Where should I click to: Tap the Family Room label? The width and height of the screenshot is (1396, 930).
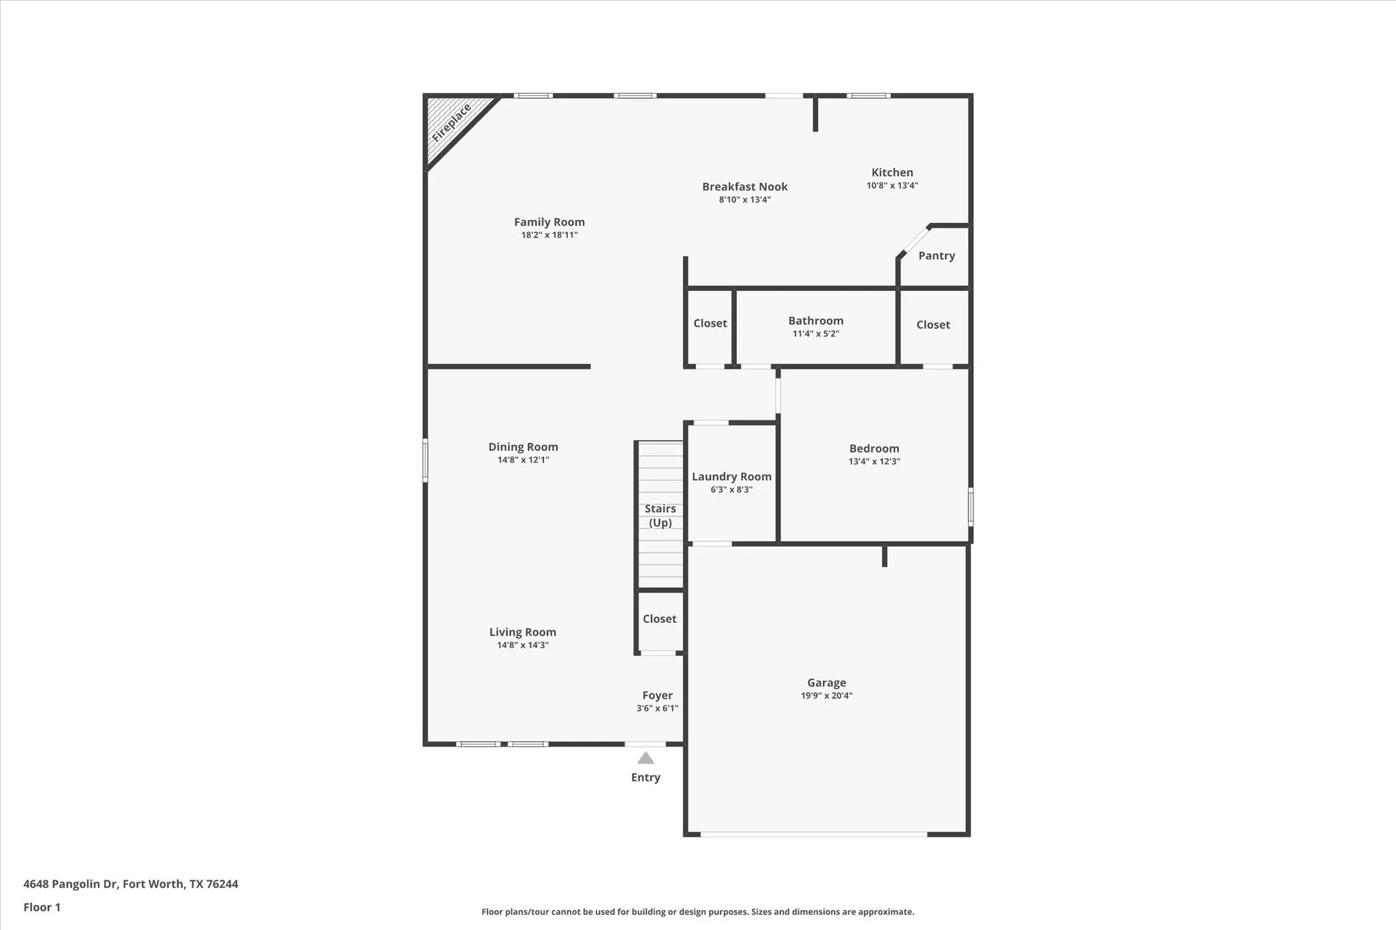tap(549, 222)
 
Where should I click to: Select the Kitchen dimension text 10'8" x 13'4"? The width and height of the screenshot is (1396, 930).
tap(892, 185)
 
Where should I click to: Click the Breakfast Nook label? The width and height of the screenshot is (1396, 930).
tap(744, 187)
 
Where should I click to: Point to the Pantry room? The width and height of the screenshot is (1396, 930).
tap(936, 256)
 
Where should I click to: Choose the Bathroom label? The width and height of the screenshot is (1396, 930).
tap(815, 321)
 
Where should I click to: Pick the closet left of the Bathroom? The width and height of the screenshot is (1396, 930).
tap(710, 324)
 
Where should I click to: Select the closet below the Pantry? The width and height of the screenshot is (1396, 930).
tap(932, 325)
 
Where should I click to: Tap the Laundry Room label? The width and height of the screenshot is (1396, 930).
tap(731, 477)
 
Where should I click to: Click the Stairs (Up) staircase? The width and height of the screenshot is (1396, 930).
tap(660, 515)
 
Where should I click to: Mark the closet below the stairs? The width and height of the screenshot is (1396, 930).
tap(659, 619)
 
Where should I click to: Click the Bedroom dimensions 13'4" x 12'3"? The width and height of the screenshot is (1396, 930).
tap(874, 461)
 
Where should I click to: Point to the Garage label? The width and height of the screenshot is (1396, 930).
tap(826, 683)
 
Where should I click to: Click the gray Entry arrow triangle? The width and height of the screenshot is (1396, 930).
tap(646, 758)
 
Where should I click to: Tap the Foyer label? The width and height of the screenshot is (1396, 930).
tap(657, 696)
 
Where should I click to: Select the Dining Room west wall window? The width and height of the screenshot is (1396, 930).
tap(425, 461)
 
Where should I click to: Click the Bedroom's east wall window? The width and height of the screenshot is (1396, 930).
tap(971, 506)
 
